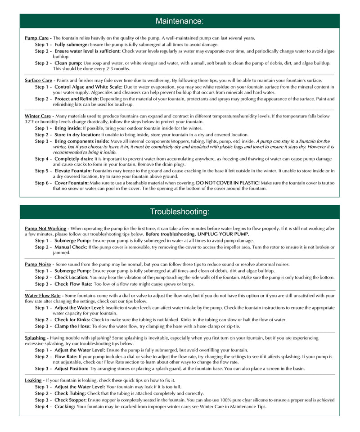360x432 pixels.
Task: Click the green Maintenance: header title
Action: point(180,21)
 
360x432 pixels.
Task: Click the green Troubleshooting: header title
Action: point(180,212)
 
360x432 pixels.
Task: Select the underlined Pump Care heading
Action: point(36,38)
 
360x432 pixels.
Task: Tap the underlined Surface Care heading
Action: point(39,81)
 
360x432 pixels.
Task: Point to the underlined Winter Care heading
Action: point(38,116)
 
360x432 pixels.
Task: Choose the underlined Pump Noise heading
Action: point(38,264)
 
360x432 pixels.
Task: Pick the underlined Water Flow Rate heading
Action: point(44,296)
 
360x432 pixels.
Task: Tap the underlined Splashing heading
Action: point(35,337)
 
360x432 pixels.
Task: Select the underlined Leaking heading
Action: point(33,380)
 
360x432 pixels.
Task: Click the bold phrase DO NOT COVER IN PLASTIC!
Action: point(227,183)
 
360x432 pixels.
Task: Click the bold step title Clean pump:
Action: point(68,63)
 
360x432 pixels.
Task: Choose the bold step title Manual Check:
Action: point(71,247)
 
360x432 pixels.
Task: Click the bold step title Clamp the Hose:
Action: point(72,326)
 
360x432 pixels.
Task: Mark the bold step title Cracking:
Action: point(65,406)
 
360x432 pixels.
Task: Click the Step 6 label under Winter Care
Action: point(43,183)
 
